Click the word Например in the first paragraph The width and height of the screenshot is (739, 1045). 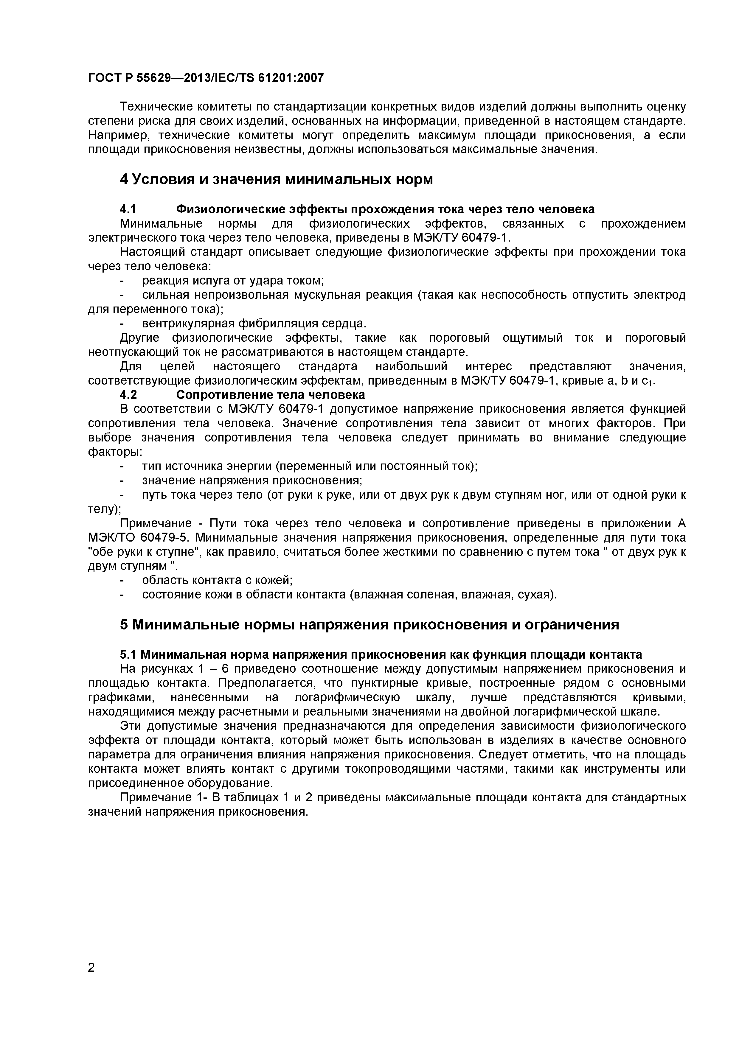pyautogui.click(x=116, y=136)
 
